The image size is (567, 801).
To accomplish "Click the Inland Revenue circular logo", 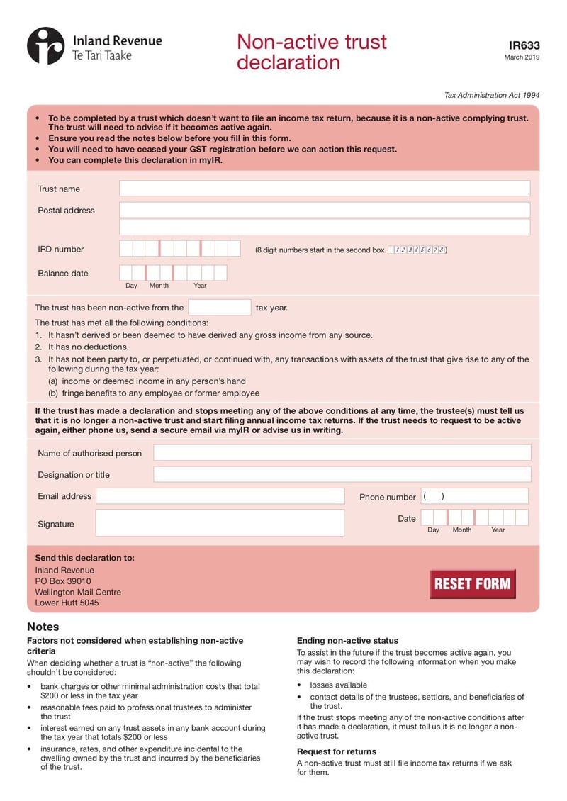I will [45, 45].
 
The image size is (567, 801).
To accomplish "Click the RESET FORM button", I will [472, 584].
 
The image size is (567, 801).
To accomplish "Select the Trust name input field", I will [324, 189].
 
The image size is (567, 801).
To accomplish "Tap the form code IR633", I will [524, 45].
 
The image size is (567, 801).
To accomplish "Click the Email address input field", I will [220, 496].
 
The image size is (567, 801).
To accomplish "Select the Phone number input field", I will [474, 496].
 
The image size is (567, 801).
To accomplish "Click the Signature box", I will [220, 523].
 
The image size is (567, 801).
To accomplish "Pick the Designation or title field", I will [342, 474].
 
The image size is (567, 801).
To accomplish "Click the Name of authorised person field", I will [342, 453].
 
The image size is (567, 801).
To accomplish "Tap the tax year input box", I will [220, 308].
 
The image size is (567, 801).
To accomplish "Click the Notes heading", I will [43, 627].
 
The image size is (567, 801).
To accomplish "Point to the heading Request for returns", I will [337, 751].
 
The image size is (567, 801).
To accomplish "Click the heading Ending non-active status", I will [347, 640].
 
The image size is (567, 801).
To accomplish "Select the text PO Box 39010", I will [63, 581].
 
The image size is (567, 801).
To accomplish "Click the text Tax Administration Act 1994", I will [492, 95].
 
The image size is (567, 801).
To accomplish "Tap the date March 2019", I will [522, 57].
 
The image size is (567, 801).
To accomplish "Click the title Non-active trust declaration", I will [312, 52].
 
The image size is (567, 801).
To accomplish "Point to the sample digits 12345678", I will [418, 250].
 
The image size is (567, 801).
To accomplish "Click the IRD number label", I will [60, 249].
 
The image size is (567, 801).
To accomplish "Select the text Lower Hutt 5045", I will [67, 603].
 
